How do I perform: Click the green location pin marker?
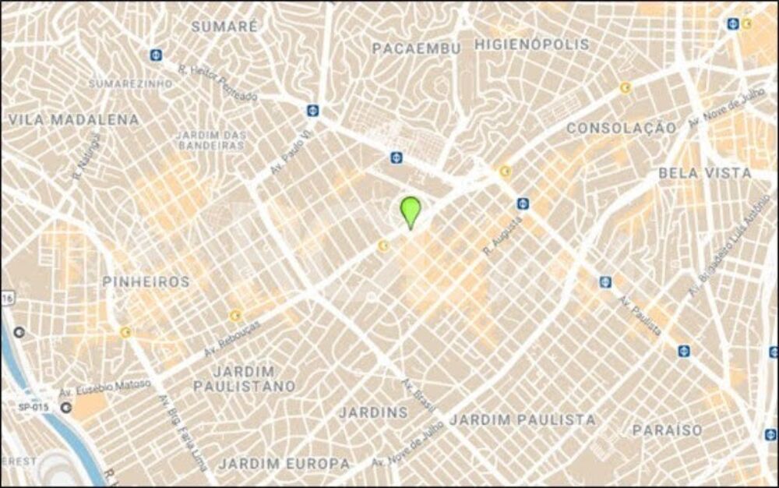click(411, 211)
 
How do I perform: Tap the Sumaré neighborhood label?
click(224, 26)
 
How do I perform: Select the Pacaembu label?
click(416, 48)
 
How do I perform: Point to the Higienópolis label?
click(532, 44)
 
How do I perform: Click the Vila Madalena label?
click(74, 120)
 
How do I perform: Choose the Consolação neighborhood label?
click(621, 127)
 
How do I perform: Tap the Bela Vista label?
click(706, 173)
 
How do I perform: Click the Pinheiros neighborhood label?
click(146, 282)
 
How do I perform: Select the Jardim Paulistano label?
click(245, 379)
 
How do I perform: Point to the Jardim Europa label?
click(284, 464)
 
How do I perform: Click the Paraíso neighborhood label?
click(667, 430)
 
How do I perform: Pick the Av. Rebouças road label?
click(231, 338)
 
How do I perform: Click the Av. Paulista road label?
click(641, 315)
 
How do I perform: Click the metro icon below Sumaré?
click(157, 55)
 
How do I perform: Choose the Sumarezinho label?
click(130, 83)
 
